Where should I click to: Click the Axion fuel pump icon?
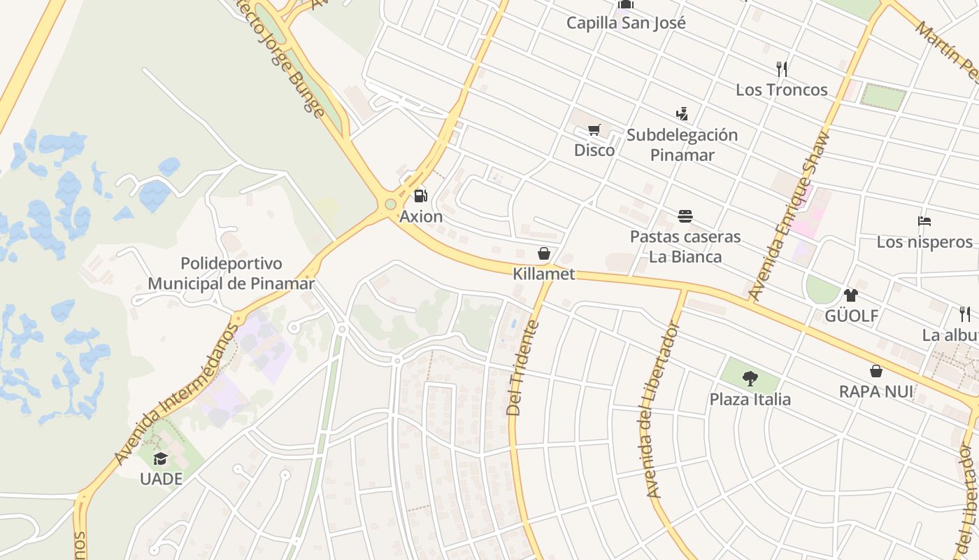click(420, 196)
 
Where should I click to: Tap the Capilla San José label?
click(626, 22)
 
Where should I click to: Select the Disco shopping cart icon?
click(594, 129)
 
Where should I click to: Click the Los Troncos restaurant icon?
click(782, 69)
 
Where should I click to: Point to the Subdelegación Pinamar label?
click(682, 145)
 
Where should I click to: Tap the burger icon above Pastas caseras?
click(685, 216)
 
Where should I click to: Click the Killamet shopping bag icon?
click(543, 253)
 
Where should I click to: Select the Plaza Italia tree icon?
click(750, 379)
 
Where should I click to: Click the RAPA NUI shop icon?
click(876, 371)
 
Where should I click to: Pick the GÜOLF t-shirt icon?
click(850, 295)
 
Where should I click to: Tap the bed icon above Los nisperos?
click(924, 221)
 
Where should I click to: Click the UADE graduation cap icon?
click(161, 458)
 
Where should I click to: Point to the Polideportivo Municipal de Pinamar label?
click(231, 274)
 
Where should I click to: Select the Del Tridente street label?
click(523, 367)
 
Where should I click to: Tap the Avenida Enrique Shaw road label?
click(788, 216)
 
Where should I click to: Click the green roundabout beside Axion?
click(390, 204)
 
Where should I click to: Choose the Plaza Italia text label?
click(750, 400)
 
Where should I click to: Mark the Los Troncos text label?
click(781, 90)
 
